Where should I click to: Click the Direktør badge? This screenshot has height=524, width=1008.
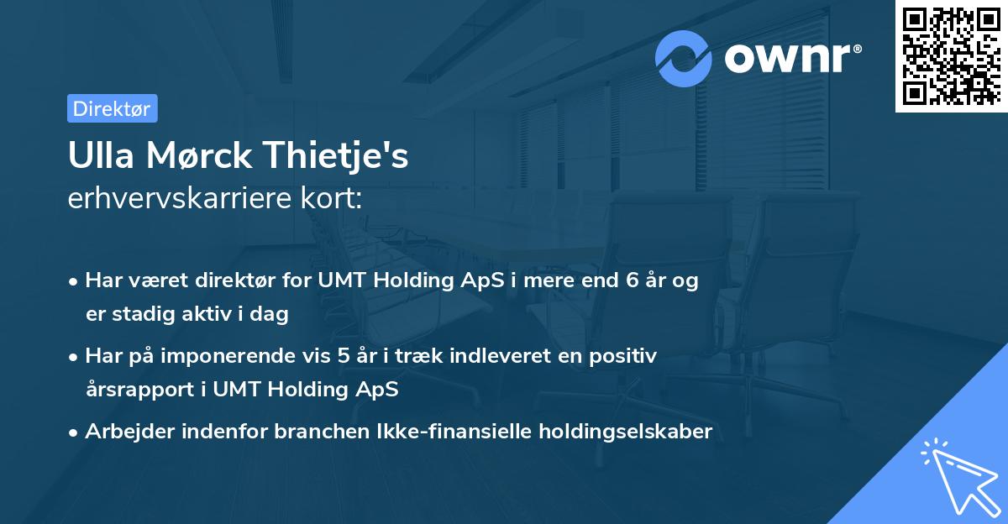point(112,108)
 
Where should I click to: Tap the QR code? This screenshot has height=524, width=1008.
point(949,55)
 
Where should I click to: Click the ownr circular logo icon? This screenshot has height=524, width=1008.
point(684,58)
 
